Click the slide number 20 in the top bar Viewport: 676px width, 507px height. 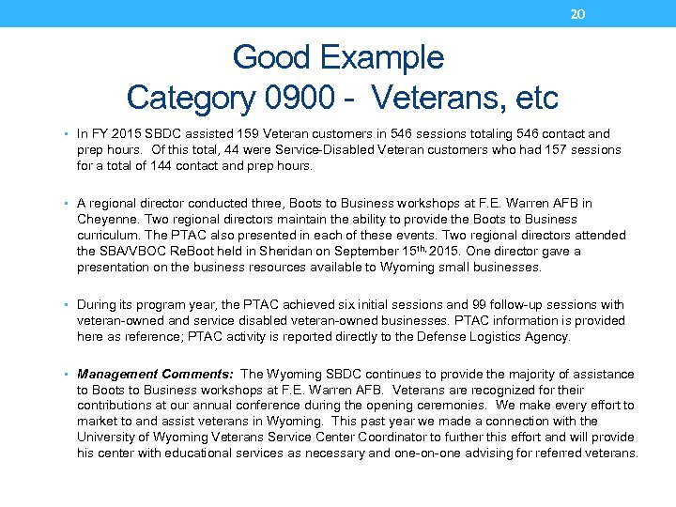coord(578,13)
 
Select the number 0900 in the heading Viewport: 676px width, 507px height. coord(296,97)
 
